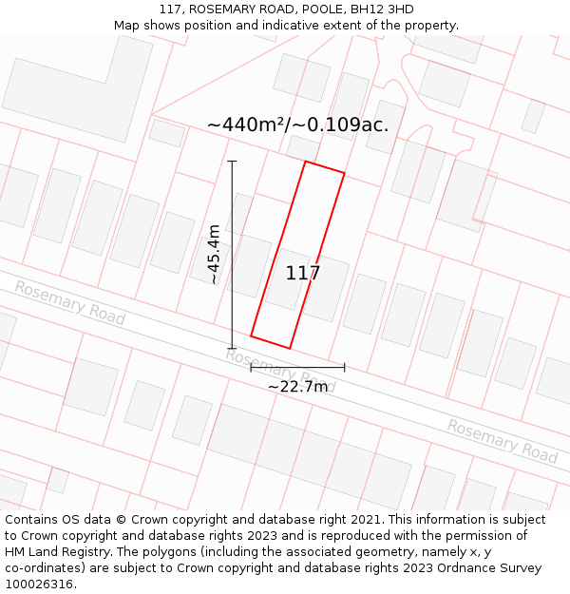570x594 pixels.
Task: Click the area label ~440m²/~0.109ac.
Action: [297, 125]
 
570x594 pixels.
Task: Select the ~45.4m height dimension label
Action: [215, 254]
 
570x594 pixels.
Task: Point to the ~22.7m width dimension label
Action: [297, 387]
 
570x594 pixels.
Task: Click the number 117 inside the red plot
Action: [303, 274]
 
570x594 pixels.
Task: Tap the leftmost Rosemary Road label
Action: [69, 302]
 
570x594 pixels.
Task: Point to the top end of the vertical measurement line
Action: [232, 162]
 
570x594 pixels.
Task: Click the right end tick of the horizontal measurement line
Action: [344, 367]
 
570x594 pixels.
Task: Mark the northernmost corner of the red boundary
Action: [305, 162]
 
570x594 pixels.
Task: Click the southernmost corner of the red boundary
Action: [289, 348]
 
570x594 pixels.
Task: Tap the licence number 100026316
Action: [37, 584]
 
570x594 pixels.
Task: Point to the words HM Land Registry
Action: [53, 552]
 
